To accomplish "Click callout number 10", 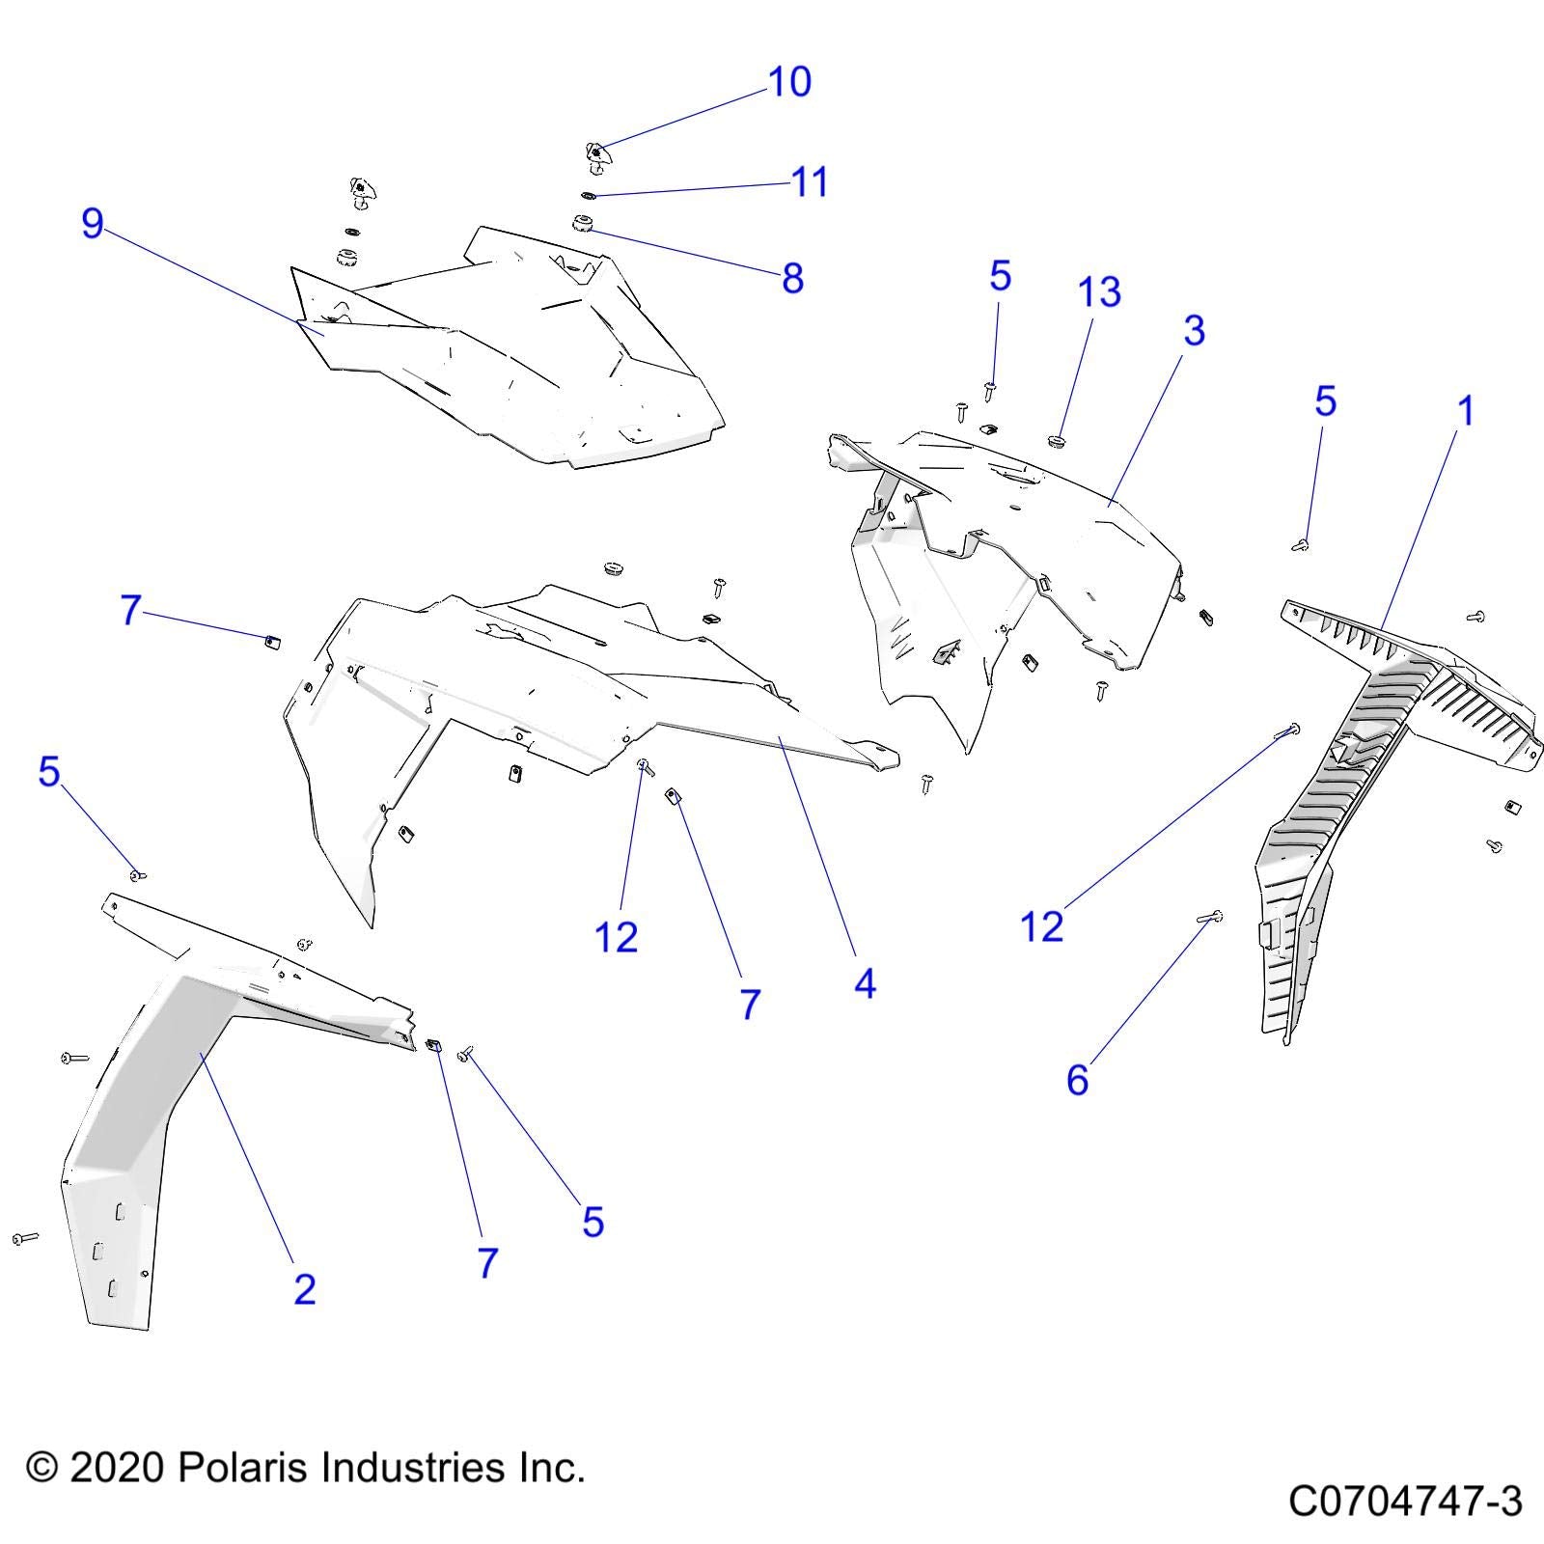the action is [789, 82].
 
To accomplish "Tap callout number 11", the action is [810, 182].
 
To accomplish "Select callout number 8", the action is [792, 279].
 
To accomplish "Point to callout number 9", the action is [93, 224].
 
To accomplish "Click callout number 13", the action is [1099, 292].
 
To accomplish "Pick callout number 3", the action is [1194, 331].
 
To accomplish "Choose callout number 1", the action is [1466, 411].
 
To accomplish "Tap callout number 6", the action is [1077, 1080].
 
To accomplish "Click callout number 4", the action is [865, 984].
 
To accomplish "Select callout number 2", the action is [304, 1289].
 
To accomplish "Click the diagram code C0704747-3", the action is [1405, 1502].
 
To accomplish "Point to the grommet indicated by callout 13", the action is [1054, 443].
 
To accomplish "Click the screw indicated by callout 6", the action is [1210, 918].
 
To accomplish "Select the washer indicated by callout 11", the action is [589, 196].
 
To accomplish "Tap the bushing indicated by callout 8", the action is [583, 225].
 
